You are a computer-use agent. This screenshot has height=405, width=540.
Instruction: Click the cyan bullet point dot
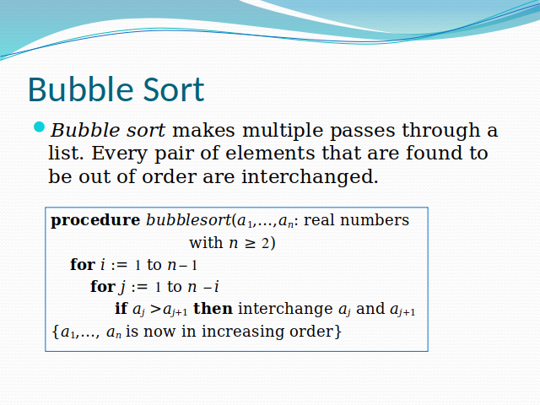(38, 127)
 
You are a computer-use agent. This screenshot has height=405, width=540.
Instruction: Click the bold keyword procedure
(95, 221)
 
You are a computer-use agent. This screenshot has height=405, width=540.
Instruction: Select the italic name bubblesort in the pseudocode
(188, 221)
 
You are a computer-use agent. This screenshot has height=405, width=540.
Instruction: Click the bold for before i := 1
(82, 265)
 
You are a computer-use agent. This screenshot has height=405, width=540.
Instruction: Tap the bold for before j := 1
(102, 287)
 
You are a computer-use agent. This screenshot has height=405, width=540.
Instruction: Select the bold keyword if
(121, 309)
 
